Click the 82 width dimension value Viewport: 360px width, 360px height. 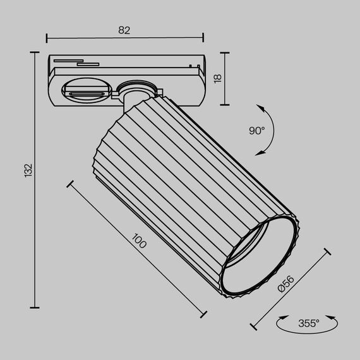[x=124, y=30]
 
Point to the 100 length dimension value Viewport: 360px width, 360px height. [x=140, y=242]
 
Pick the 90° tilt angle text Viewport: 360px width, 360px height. [x=256, y=131]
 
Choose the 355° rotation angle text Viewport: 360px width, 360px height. [x=309, y=323]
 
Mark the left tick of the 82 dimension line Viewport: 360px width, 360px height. [x=47, y=38]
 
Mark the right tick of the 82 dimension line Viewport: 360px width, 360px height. [x=203, y=38]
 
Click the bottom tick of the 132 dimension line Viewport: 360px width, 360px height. [x=33, y=308]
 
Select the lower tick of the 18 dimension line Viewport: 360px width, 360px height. [x=225, y=104]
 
